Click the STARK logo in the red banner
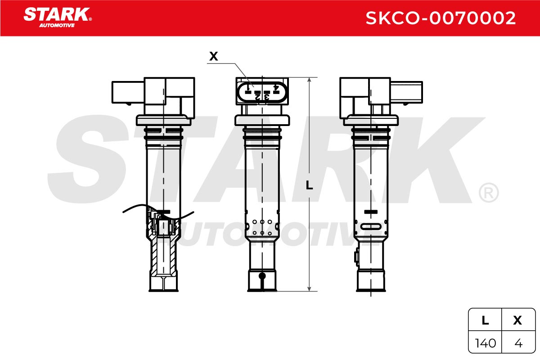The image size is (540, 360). point(58,18)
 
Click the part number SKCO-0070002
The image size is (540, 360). point(441,18)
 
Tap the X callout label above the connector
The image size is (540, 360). point(213,56)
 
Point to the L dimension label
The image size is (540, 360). point(309,185)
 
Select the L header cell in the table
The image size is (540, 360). point(485,320)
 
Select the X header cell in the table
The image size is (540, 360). point(517,320)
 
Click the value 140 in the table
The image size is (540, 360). point(485,343)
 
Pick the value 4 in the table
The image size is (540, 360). point(518,343)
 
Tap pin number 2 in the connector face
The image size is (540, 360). point(257,97)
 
